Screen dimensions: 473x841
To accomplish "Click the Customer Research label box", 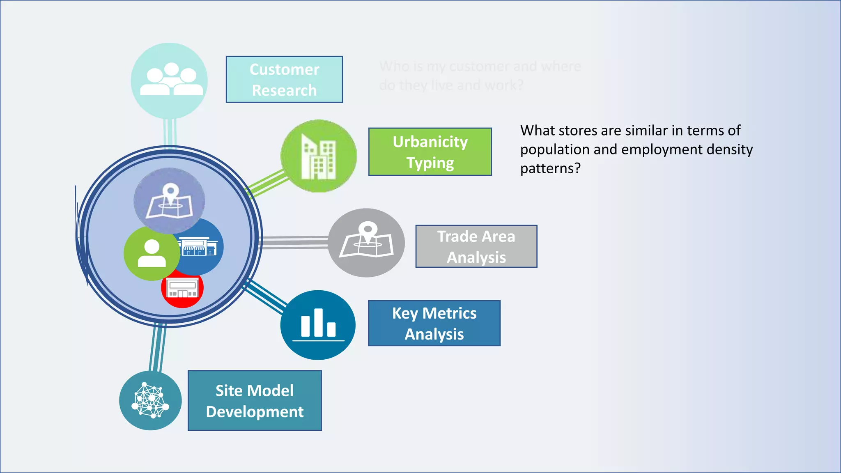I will (284, 79).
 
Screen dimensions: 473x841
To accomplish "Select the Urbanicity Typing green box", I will (430, 152).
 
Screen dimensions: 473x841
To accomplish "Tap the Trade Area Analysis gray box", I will (476, 246).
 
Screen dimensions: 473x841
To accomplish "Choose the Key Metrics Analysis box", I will (434, 323).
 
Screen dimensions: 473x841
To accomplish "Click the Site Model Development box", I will (255, 401).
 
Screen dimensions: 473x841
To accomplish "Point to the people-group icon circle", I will (169, 81).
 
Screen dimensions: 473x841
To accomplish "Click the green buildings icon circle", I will (319, 156).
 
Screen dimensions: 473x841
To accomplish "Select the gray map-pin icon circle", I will (366, 243).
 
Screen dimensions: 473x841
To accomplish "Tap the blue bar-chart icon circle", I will (318, 325).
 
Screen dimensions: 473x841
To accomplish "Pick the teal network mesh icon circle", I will (150, 401).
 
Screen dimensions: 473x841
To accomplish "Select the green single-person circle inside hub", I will (151, 254).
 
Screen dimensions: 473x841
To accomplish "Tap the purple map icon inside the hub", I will (169, 200).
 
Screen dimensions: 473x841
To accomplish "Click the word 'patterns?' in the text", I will (550, 168).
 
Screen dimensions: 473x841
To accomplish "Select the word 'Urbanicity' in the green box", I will (430, 142).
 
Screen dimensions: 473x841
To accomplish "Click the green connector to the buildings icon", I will (267, 184).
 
